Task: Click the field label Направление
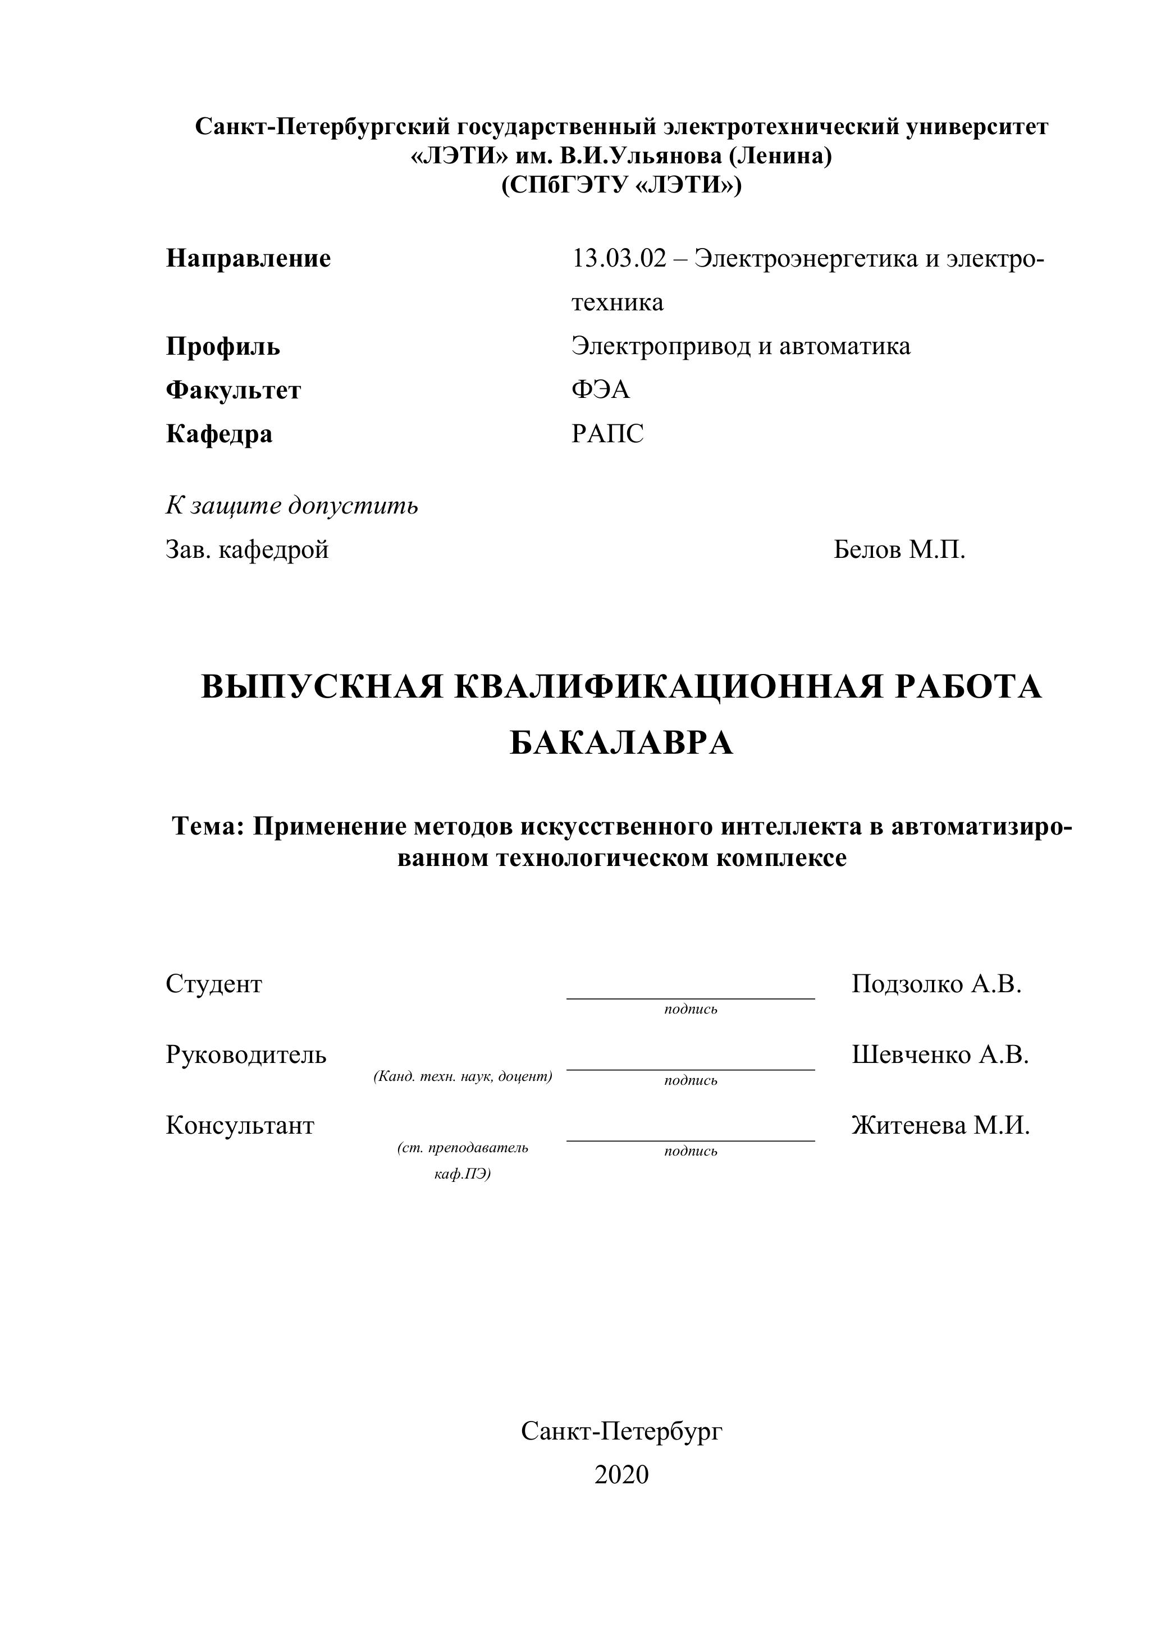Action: coord(248,258)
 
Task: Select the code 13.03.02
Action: coord(618,258)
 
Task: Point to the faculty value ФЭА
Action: coord(601,389)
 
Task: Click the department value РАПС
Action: coord(607,434)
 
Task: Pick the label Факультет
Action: coord(233,390)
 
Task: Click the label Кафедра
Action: coord(219,434)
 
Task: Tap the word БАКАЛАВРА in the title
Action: coord(621,743)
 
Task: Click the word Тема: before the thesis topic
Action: coord(209,826)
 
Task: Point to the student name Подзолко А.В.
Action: coord(936,984)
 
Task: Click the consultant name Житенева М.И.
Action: coord(941,1126)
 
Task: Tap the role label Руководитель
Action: coord(246,1055)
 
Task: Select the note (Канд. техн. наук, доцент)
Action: coord(463,1076)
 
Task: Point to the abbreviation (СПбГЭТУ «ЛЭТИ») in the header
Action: coord(621,185)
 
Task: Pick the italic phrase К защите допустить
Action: coord(292,506)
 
